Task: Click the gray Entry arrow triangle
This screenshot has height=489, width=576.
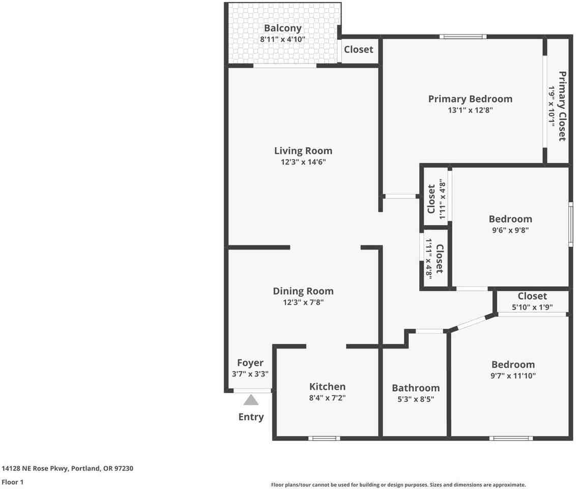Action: [x=251, y=400]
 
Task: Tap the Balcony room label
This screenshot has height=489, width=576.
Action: [x=282, y=28]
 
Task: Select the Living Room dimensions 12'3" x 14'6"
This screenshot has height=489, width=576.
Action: [x=303, y=162]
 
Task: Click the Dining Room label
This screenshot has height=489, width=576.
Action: [x=303, y=291]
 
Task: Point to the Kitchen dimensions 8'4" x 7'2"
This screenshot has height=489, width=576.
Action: [x=327, y=397]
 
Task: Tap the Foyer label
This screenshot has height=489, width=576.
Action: [x=250, y=363]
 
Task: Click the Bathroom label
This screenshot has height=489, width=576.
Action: [x=416, y=388]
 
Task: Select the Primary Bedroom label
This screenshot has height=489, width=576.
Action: [x=470, y=99]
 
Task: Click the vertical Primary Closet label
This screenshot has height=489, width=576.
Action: [x=562, y=106]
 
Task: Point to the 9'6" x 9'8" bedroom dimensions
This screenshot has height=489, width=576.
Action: [x=510, y=230]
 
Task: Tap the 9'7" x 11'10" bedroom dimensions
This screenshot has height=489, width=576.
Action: [x=513, y=376]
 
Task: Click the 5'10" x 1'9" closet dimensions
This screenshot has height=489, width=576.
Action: [x=532, y=307]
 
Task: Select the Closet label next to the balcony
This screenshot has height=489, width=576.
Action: [x=359, y=49]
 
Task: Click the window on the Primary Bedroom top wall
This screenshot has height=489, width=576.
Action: [x=463, y=36]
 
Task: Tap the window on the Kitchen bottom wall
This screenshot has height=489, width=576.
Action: [x=324, y=438]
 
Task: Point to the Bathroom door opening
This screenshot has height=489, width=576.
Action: [x=429, y=331]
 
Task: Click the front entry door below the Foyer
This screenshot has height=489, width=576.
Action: [x=252, y=391]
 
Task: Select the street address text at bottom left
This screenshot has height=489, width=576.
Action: [x=67, y=469]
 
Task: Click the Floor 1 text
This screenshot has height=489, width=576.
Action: [x=13, y=482]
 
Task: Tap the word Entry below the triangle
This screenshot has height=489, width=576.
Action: [x=251, y=417]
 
